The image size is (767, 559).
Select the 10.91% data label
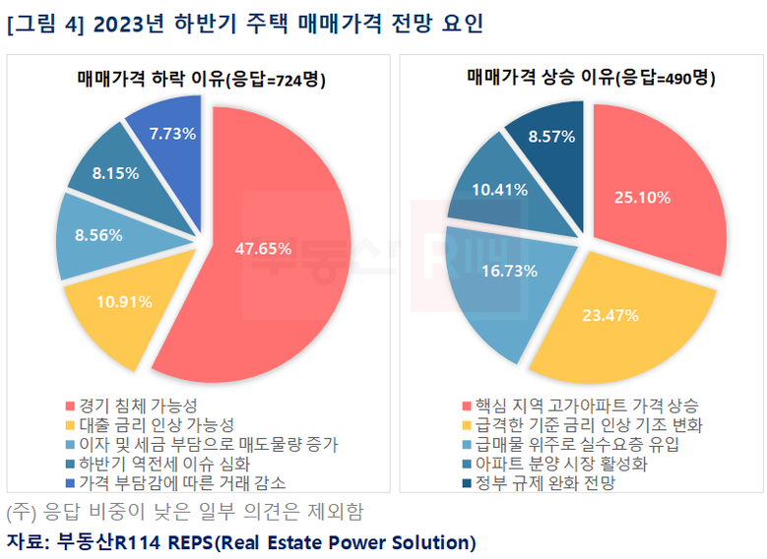[124, 301]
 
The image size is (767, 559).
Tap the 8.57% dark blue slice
[551, 137]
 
